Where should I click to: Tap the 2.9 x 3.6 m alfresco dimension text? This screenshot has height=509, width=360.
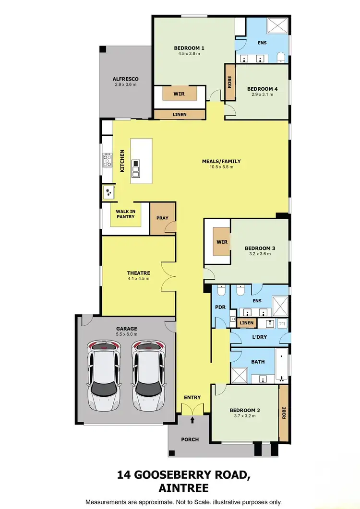point(125,85)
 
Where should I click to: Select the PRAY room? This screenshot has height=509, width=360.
point(162,218)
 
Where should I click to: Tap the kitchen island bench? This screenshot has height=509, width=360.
point(140,161)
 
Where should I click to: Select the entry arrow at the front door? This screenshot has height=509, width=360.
point(192,420)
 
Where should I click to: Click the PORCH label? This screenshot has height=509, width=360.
point(190,439)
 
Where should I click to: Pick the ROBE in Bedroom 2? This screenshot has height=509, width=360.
point(284,414)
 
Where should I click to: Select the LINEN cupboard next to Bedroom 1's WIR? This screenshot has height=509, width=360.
point(180,114)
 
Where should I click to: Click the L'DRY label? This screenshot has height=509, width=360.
point(259,337)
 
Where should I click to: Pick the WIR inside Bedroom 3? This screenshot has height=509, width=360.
point(222,242)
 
